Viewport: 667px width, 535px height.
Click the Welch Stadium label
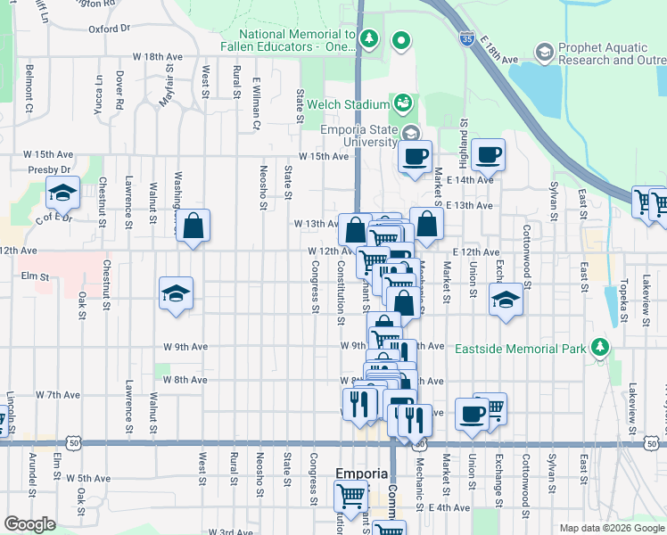349,104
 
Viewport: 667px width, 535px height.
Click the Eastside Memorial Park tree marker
602,346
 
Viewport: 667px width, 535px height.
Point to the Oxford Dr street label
111,29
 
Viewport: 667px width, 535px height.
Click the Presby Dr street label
49,169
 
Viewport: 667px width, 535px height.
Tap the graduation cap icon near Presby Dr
63,192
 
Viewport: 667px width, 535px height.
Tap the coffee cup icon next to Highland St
488,155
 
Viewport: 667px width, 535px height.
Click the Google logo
30,524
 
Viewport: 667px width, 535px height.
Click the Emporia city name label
361,473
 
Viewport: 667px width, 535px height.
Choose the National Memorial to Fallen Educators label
296,40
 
